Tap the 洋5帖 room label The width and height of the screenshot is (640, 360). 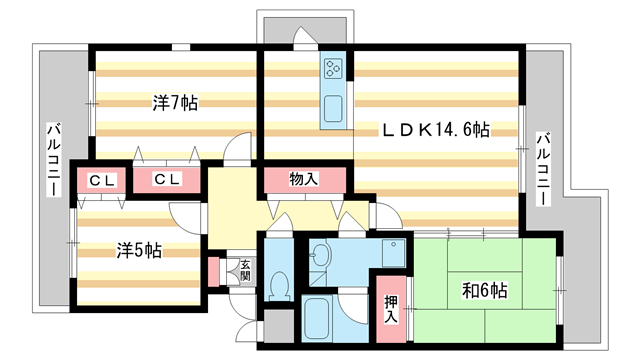139,250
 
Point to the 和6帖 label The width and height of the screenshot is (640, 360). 485,291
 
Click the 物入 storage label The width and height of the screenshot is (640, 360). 303,180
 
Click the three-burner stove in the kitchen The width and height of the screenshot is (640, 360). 332,70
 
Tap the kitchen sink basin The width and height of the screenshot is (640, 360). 332,109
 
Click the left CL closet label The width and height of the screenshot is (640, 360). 99,181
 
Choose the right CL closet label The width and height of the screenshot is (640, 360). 166,180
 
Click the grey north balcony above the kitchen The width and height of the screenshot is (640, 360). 305,28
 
